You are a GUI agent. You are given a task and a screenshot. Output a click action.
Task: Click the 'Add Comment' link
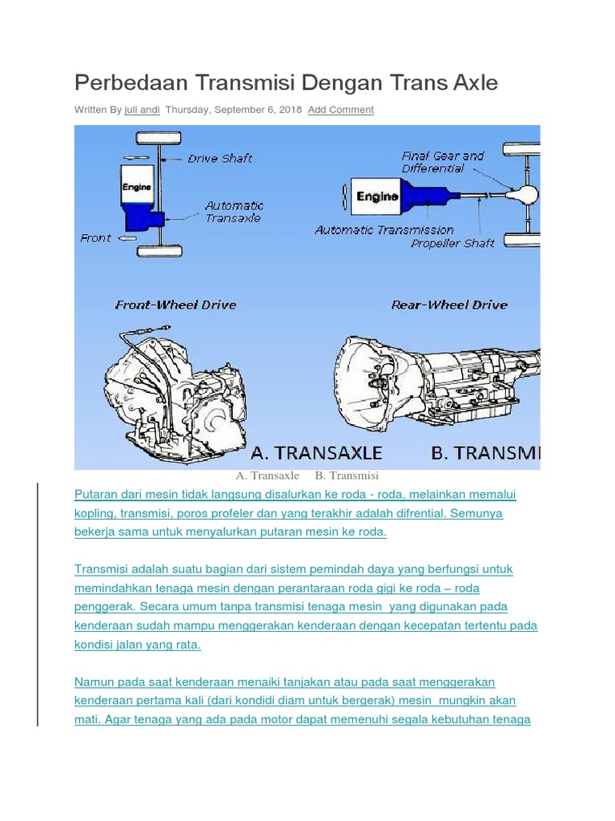tap(340, 110)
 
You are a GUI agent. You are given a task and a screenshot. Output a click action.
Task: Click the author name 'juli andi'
tap(142, 110)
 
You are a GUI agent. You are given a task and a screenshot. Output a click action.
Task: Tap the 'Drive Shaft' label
tap(219, 159)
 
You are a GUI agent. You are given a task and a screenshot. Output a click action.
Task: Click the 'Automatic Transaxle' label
tap(233, 212)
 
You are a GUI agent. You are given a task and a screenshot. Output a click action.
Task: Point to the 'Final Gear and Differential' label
tap(442, 162)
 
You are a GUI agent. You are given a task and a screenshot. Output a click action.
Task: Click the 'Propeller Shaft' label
tap(452, 243)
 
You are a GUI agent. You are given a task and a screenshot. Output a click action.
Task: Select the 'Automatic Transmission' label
tap(384, 230)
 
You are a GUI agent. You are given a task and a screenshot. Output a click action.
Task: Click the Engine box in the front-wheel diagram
tap(136, 188)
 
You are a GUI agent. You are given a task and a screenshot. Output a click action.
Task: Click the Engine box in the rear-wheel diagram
tap(376, 196)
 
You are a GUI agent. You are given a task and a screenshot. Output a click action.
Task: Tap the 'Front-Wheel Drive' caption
tap(175, 305)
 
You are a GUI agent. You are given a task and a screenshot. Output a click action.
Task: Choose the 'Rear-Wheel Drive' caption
tap(449, 305)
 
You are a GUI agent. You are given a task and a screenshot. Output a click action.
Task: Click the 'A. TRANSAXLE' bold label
tap(317, 453)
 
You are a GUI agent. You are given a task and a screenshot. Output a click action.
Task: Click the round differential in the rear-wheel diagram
tap(526, 194)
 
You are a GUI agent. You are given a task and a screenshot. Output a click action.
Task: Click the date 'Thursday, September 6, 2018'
tap(233, 110)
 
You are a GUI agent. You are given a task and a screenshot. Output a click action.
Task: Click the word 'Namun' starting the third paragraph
tap(94, 682)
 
